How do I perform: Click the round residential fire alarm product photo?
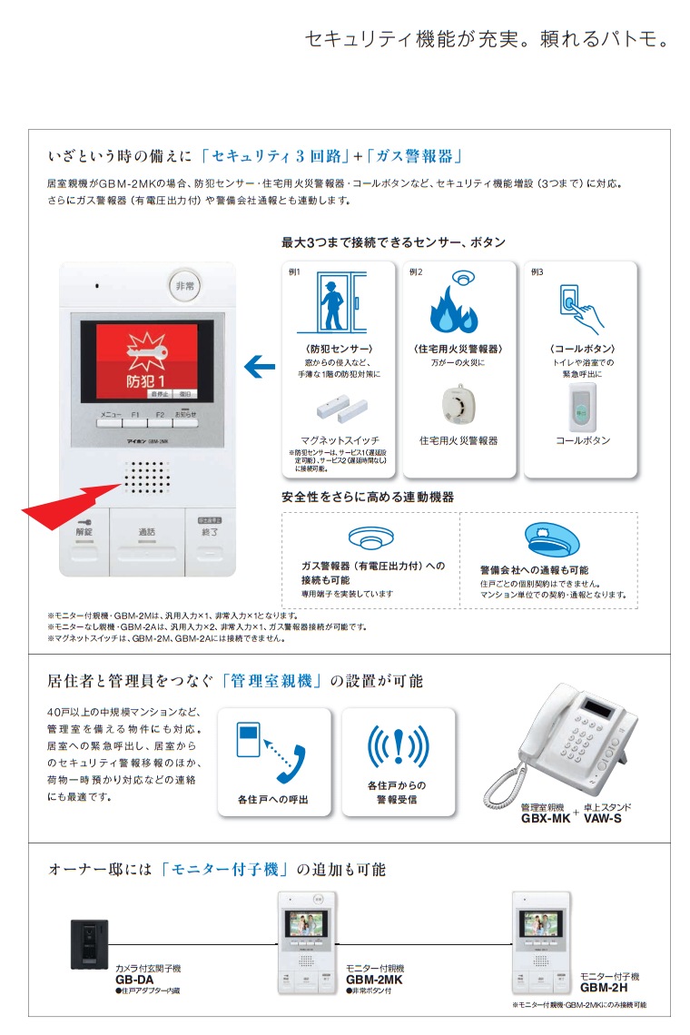[458, 405]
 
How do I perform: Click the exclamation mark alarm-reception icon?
[398, 746]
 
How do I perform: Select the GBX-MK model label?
[545, 818]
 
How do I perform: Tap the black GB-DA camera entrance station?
[89, 944]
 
